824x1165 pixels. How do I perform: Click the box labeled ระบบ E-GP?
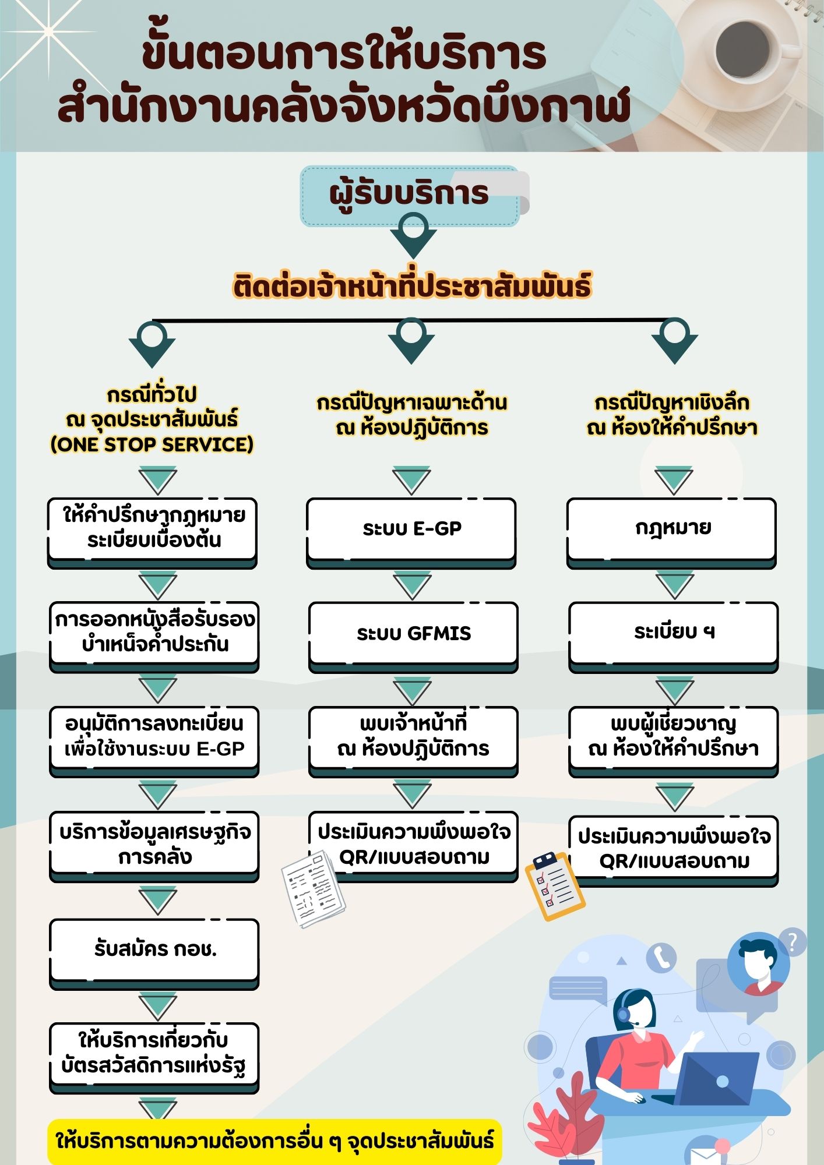click(x=411, y=532)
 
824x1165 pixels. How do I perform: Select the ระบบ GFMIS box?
click(x=413, y=637)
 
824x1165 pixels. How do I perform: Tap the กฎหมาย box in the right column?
click(x=672, y=532)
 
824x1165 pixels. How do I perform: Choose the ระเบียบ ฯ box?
click(x=674, y=637)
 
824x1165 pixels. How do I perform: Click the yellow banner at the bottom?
click(x=274, y=1141)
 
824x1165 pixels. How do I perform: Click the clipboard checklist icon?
click(x=554, y=886)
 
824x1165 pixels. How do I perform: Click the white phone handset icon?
click(x=661, y=956)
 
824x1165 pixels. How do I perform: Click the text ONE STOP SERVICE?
click(x=152, y=444)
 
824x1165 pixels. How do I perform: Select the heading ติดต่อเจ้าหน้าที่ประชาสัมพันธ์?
click(x=412, y=287)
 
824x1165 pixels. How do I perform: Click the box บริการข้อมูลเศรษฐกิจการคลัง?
click(x=154, y=846)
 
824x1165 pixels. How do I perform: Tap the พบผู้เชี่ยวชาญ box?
click(x=674, y=742)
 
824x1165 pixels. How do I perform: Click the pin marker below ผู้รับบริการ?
click(x=413, y=235)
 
